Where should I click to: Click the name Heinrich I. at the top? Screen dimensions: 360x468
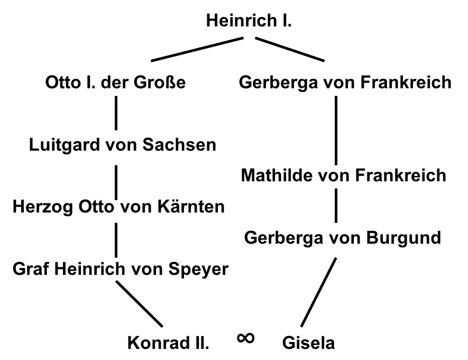pyautogui.click(x=249, y=22)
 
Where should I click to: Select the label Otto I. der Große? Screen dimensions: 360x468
pyautogui.click(x=116, y=83)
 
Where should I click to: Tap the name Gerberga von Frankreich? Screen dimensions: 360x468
pyautogui.click(x=345, y=83)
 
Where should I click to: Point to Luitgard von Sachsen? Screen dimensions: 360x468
pyautogui.click(x=122, y=144)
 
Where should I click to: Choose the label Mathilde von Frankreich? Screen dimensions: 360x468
pyautogui.click(x=343, y=175)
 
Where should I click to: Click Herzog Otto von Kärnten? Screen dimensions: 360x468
pyautogui.click(x=118, y=206)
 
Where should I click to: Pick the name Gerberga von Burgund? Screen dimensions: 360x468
pyautogui.click(x=342, y=237)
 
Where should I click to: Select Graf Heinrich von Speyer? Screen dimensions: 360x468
pyautogui.click(x=121, y=269)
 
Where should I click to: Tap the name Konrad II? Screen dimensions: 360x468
pyautogui.click(x=169, y=343)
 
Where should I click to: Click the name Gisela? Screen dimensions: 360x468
pyautogui.click(x=309, y=343)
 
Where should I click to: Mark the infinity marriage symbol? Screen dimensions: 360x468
pyautogui.click(x=246, y=337)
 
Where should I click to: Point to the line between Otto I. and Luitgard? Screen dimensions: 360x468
pyautogui.click(x=116, y=114)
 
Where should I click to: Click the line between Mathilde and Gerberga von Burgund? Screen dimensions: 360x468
pyautogui.click(x=336, y=206)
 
